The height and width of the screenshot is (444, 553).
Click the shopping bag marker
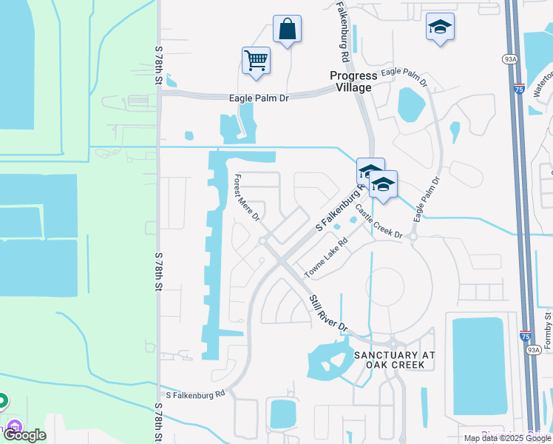(x=287, y=30)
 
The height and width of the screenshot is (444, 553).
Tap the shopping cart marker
(x=256, y=61)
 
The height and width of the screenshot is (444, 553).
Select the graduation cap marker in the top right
(x=440, y=28)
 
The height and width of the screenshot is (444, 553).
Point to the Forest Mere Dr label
(x=247, y=198)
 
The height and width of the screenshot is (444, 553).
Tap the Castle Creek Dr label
(x=379, y=221)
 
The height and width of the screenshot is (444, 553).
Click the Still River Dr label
(x=328, y=312)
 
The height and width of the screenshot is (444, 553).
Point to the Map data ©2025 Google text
(x=507, y=438)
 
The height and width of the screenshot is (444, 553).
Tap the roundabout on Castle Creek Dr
(x=413, y=238)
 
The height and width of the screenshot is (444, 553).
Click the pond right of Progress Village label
(x=411, y=104)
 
